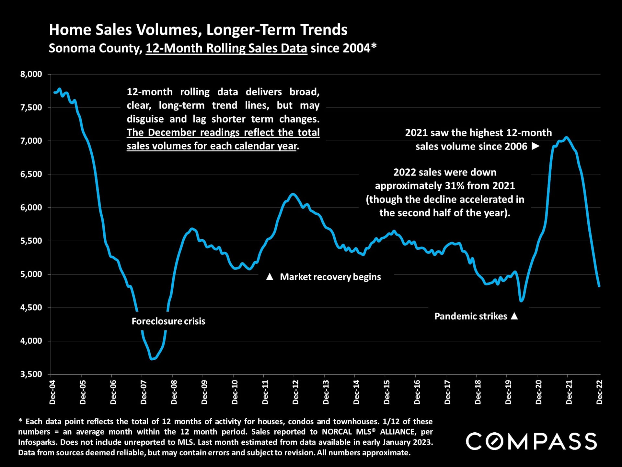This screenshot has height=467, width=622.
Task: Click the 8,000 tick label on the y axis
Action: coord(31,74)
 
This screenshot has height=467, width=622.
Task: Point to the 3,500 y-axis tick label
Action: coord(31,374)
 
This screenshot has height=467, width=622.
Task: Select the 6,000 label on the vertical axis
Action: coord(31,208)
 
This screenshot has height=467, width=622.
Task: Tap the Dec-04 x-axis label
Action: coord(52,392)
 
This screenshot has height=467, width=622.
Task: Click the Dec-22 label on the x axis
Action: coord(599,392)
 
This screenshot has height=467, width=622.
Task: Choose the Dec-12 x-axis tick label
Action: coord(295,392)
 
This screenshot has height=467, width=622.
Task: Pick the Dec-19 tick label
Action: coord(508,392)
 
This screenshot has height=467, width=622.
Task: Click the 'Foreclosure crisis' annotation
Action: coord(168,321)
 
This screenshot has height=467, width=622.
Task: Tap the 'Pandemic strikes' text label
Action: coord(470,316)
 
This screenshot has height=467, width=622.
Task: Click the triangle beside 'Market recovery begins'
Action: coord(270,277)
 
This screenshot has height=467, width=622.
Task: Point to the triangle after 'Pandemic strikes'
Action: coord(514,316)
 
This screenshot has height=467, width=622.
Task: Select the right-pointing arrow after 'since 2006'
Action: coord(536,146)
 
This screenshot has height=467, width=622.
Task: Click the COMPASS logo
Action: coord(531,441)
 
